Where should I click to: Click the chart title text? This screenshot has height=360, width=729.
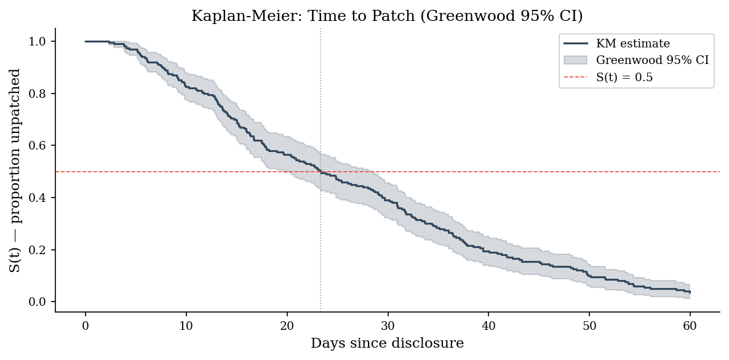pyautogui.click(x=387, y=16)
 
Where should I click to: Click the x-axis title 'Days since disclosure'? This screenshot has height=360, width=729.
pyautogui.click(x=388, y=343)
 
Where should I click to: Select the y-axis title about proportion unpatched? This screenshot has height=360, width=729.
pyautogui.click(x=15, y=170)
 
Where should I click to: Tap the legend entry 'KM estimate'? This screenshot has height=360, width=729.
pyautogui.click(x=633, y=44)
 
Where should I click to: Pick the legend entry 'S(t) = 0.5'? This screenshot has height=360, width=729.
pyautogui.click(x=624, y=77)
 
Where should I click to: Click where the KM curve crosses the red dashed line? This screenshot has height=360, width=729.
pyautogui.click(x=321, y=172)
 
